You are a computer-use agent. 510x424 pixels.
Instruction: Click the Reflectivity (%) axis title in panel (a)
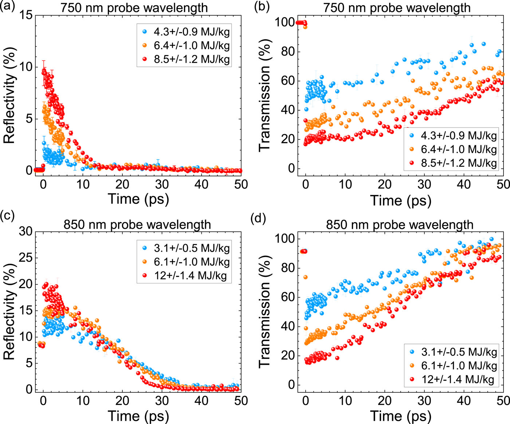click(x=10, y=95)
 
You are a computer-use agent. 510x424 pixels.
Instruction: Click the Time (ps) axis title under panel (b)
click(x=400, y=200)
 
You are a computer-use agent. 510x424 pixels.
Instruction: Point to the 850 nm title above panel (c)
click(x=137, y=224)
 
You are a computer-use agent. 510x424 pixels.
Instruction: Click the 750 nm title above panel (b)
click(x=397, y=8)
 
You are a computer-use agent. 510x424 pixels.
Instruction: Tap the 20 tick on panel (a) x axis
click(x=122, y=184)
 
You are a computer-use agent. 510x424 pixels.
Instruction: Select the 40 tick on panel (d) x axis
click(x=464, y=401)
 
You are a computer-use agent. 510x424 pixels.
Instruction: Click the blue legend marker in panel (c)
click(x=145, y=248)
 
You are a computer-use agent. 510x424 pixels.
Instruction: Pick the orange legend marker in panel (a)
click(x=145, y=46)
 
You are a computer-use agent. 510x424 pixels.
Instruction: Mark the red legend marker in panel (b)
click(x=412, y=163)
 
